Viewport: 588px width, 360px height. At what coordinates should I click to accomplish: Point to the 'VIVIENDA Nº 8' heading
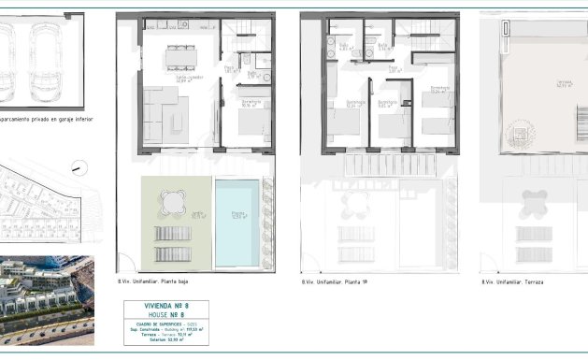pyautogui.click(x=166, y=306)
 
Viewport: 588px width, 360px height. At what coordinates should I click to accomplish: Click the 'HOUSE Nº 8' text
pyautogui.click(x=166, y=315)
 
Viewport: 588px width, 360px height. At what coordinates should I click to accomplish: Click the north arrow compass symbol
pyautogui.click(x=77, y=166)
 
